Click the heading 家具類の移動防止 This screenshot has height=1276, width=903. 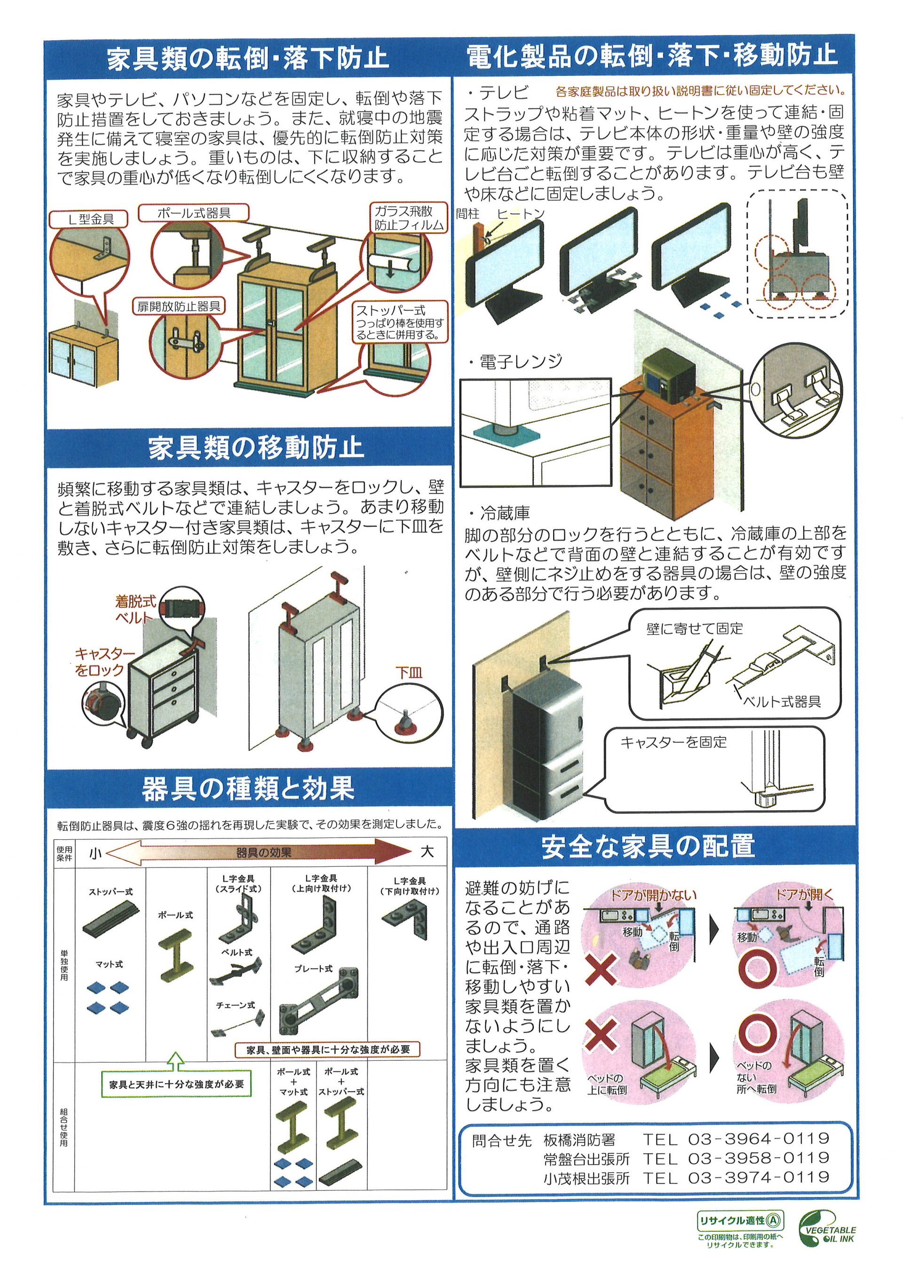tap(256, 448)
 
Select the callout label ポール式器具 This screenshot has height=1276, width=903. tap(193, 213)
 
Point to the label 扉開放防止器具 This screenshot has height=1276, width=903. tap(179, 306)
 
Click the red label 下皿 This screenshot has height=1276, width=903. tap(409, 673)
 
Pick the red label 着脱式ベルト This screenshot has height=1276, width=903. tap(135, 609)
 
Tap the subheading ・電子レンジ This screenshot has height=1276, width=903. tap(515, 362)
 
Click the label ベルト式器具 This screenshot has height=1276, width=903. tap(782, 701)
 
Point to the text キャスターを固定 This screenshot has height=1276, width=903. tap(674, 742)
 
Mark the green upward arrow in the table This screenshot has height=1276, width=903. tap(176, 1061)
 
